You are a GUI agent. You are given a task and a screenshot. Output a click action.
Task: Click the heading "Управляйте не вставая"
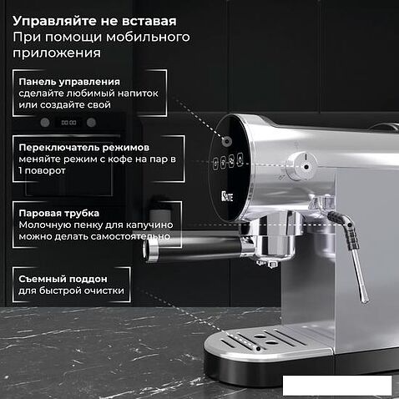click(x=94, y=21)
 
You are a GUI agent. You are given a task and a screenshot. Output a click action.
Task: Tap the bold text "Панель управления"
click(x=69, y=82)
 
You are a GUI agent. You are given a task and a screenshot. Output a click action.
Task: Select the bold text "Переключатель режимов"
click(x=83, y=148)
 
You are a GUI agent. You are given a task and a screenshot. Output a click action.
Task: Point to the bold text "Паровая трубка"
click(x=58, y=213)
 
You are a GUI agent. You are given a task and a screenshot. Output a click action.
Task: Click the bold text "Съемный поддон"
click(x=63, y=279)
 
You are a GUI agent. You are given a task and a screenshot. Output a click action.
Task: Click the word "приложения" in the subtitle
click(x=57, y=53)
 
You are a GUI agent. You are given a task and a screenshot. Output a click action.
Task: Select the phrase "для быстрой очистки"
click(x=71, y=290)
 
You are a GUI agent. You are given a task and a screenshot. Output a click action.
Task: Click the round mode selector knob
click(x=301, y=166)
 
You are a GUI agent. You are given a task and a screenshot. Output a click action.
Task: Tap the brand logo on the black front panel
click(x=227, y=196)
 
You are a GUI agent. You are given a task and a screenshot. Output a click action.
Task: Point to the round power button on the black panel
click(x=227, y=141)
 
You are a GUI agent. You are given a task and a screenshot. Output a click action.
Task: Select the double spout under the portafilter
click(x=267, y=263)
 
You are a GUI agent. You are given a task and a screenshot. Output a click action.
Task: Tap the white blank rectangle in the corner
click(x=337, y=386)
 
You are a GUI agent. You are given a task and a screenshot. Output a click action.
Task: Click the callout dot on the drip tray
click(x=259, y=348)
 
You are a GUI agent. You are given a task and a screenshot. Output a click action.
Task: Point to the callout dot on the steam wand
click(x=350, y=225)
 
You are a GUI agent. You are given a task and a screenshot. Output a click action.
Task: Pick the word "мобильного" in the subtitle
click(x=148, y=37)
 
